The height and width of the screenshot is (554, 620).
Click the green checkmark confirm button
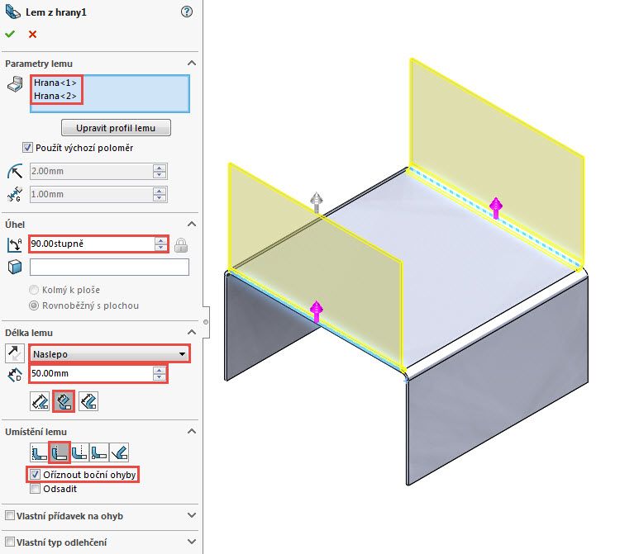click(10, 34)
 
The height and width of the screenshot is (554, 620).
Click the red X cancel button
click(32, 34)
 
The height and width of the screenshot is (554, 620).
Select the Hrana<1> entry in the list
click(55, 83)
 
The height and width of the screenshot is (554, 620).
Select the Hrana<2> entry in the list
click(55, 96)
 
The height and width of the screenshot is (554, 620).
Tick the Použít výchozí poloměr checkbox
click(28, 148)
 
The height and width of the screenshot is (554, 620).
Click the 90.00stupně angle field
click(91, 244)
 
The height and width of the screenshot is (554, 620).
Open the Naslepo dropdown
click(108, 354)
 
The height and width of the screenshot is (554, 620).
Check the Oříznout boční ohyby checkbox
click(34, 475)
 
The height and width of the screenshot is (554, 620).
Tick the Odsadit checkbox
click(34, 488)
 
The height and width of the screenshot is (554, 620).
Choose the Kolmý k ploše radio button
click(34, 290)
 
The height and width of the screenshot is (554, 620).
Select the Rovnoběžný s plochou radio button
click(34, 305)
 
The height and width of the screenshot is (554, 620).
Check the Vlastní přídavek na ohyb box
click(9, 516)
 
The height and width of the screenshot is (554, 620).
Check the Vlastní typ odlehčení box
click(9, 542)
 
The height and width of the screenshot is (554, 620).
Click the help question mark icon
click(186, 12)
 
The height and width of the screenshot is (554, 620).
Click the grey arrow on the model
click(315, 201)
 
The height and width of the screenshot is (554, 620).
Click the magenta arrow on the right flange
click(496, 207)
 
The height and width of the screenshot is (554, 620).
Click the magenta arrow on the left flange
click(316, 311)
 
